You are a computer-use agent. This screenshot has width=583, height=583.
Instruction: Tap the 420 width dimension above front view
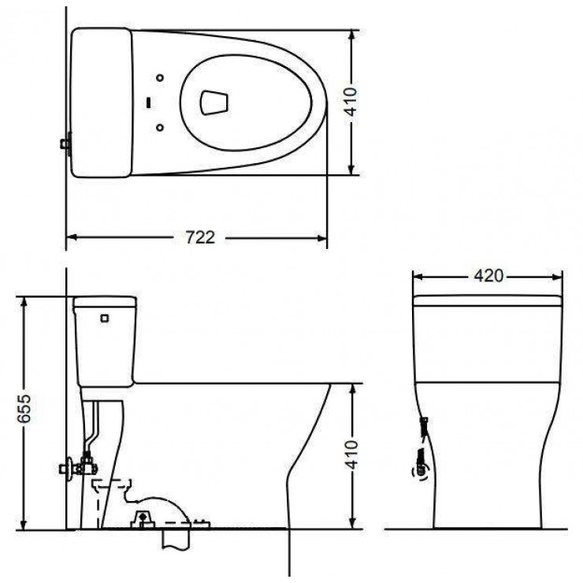(488, 276)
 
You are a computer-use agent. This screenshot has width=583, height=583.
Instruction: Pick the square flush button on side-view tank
(104, 318)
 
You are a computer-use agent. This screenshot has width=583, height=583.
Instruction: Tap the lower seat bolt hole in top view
(160, 126)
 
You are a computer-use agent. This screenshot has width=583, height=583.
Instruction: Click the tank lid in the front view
(488, 300)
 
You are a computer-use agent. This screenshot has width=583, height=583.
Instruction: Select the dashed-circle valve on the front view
(421, 472)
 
